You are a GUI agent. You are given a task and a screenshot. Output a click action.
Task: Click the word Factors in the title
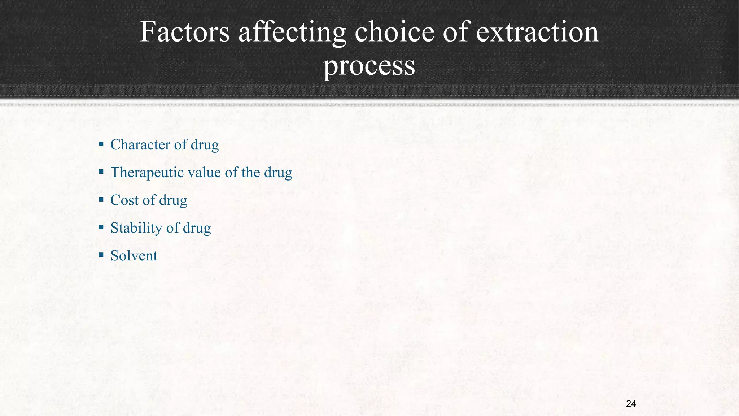point(184,32)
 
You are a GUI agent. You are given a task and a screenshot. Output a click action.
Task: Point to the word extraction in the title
point(537,32)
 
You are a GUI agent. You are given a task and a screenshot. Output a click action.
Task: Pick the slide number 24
point(631,404)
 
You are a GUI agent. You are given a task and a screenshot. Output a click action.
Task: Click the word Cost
point(124,200)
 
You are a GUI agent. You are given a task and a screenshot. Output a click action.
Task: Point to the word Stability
point(136,228)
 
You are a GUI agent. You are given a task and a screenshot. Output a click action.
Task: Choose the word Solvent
point(134,256)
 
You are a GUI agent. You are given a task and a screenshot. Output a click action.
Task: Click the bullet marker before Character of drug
point(101,144)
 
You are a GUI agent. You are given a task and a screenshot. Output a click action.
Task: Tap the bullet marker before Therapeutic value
point(101,172)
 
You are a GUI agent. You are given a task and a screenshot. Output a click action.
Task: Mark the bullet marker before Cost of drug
point(101,200)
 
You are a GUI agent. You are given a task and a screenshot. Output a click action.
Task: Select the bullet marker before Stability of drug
point(101,227)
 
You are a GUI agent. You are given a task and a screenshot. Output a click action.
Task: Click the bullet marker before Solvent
point(101,255)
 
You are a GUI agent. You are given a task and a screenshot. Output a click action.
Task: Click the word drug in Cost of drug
point(173,200)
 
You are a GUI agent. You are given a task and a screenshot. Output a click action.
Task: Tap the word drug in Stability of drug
point(197,228)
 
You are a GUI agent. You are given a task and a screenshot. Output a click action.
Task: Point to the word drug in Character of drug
point(205,144)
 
